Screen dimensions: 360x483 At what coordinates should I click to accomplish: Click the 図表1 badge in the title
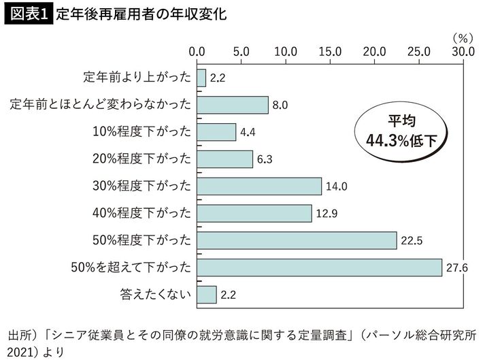pyautogui.click(x=29, y=14)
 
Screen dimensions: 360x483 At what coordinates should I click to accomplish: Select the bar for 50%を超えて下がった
pyautogui.click(x=319, y=267)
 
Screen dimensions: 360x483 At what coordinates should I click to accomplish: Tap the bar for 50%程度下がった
pyautogui.click(x=297, y=240)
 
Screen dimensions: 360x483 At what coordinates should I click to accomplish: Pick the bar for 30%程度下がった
pyautogui.click(x=259, y=186)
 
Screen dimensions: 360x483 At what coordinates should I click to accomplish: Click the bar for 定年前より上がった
pyautogui.click(x=201, y=78)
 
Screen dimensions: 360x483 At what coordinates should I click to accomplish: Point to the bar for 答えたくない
pyautogui.click(x=207, y=295)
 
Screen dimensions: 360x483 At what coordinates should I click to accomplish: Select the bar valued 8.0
pyautogui.click(x=233, y=105)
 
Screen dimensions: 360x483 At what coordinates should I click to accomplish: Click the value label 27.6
pyautogui.click(x=455, y=268)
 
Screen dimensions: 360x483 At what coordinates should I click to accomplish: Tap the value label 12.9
pyautogui.click(x=324, y=214)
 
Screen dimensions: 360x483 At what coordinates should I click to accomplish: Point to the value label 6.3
pyautogui.click(x=265, y=160)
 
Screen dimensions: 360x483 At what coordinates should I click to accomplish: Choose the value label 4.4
pyautogui.click(x=248, y=133)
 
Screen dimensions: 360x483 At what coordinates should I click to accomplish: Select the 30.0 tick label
pyautogui.click(x=463, y=51)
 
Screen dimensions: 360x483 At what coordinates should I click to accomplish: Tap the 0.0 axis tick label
pyautogui.click(x=197, y=51)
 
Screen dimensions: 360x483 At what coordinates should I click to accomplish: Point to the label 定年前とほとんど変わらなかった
pyautogui.click(x=101, y=105)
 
